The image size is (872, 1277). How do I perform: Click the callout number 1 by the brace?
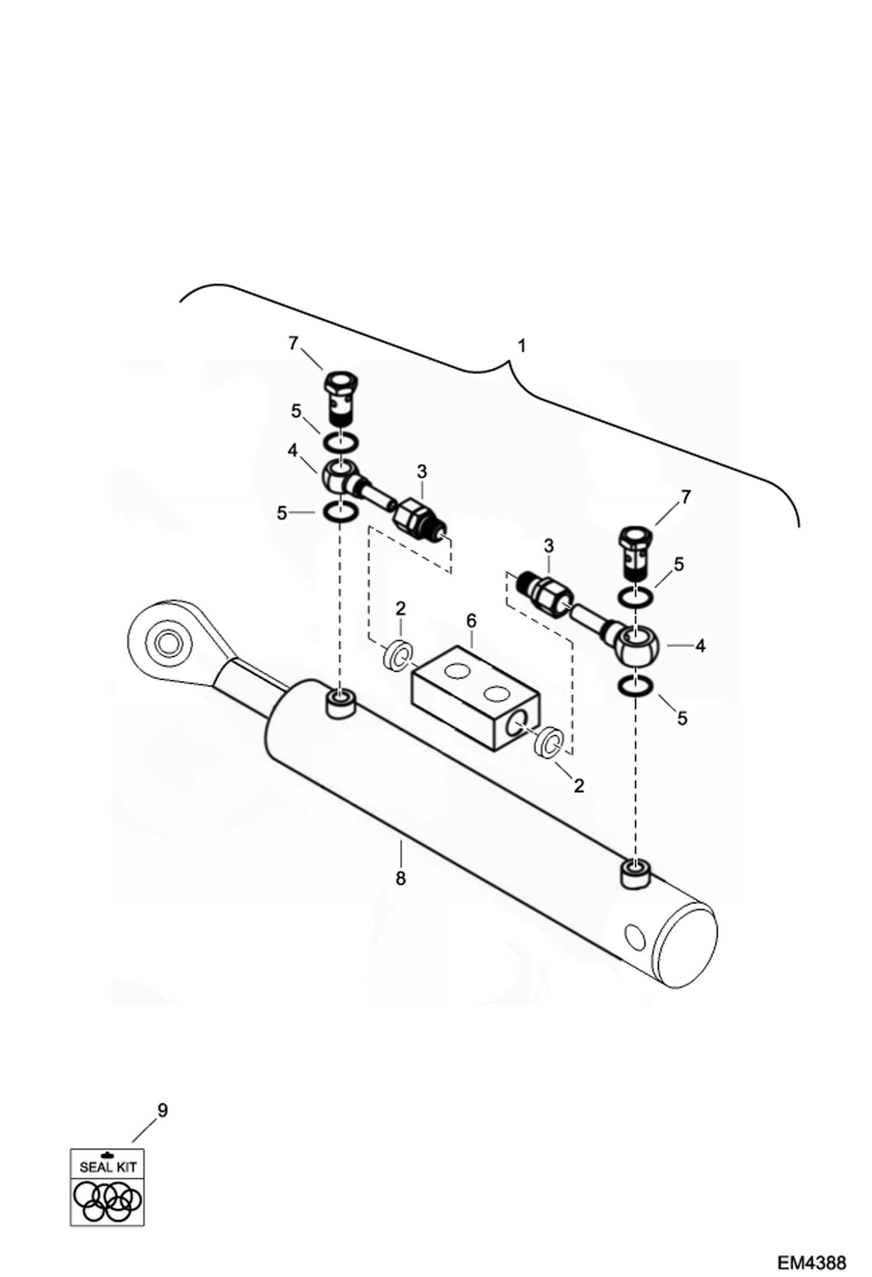pos(522,346)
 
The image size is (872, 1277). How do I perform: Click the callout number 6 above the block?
pos(471,621)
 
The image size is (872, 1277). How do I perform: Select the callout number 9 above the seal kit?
pos(162,1111)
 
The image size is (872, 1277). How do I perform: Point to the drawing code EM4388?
pos(811,1262)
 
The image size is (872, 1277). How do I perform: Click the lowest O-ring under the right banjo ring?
pos(634,686)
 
